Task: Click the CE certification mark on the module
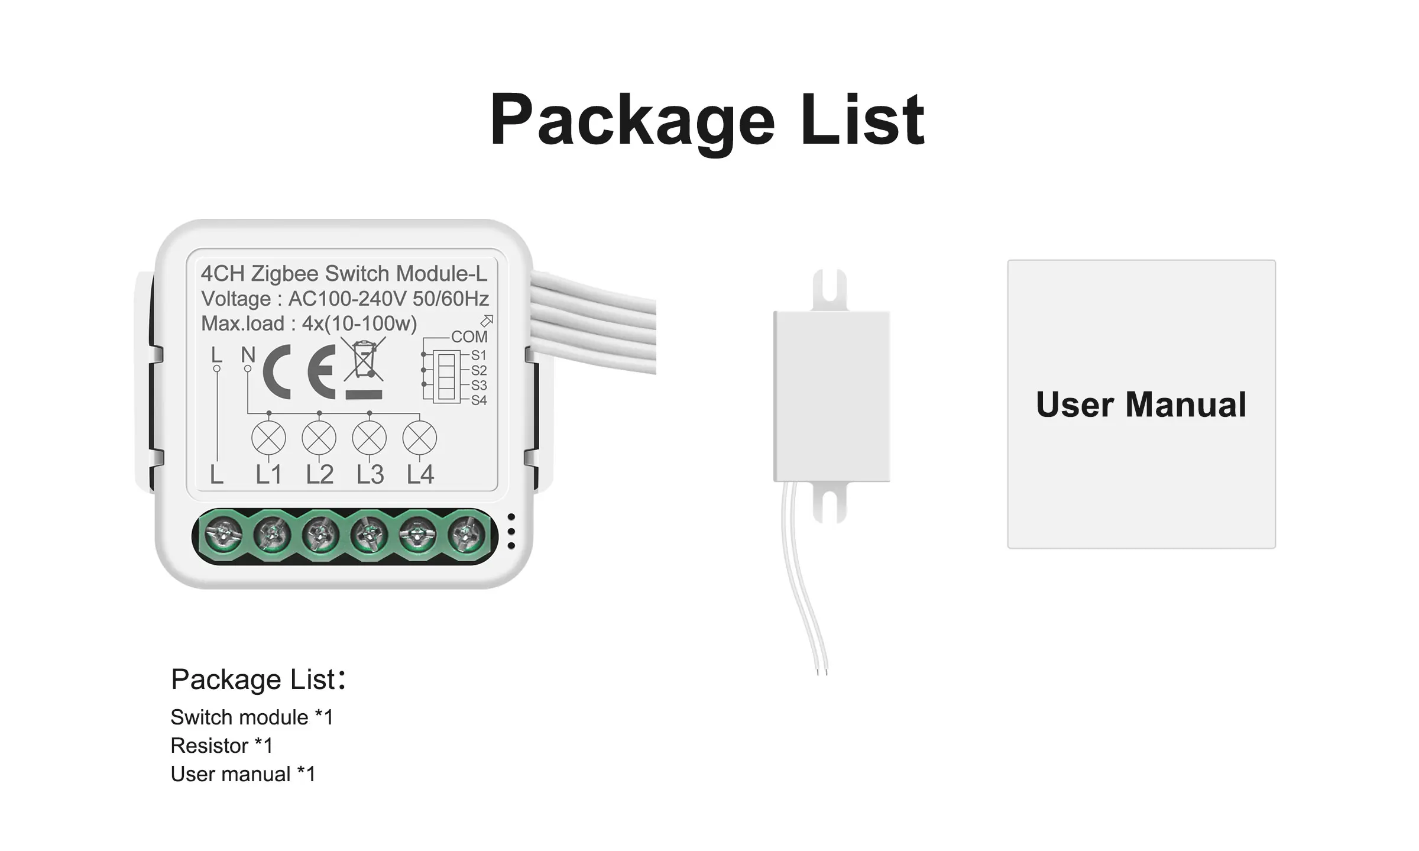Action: point(299,371)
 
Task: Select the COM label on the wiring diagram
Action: point(469,336)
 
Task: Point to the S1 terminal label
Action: point(478,355)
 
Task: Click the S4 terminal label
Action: point(478,400)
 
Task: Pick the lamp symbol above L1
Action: point(268,438)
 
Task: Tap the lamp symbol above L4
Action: point(419,438)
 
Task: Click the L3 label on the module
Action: point(370,474)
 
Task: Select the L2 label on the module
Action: point(319,474)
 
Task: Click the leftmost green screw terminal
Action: point(223,535)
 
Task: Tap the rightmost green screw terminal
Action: point(467,535)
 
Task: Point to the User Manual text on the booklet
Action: point(1141,405)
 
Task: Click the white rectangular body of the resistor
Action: point(831,396)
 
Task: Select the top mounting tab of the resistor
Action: point(830,290)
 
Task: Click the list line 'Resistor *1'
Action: point(222,746)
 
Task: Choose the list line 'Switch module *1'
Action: point(252,717)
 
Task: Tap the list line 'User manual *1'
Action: point(243,774)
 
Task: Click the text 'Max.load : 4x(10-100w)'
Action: point(309,323)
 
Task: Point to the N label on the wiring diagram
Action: point(248,355)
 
